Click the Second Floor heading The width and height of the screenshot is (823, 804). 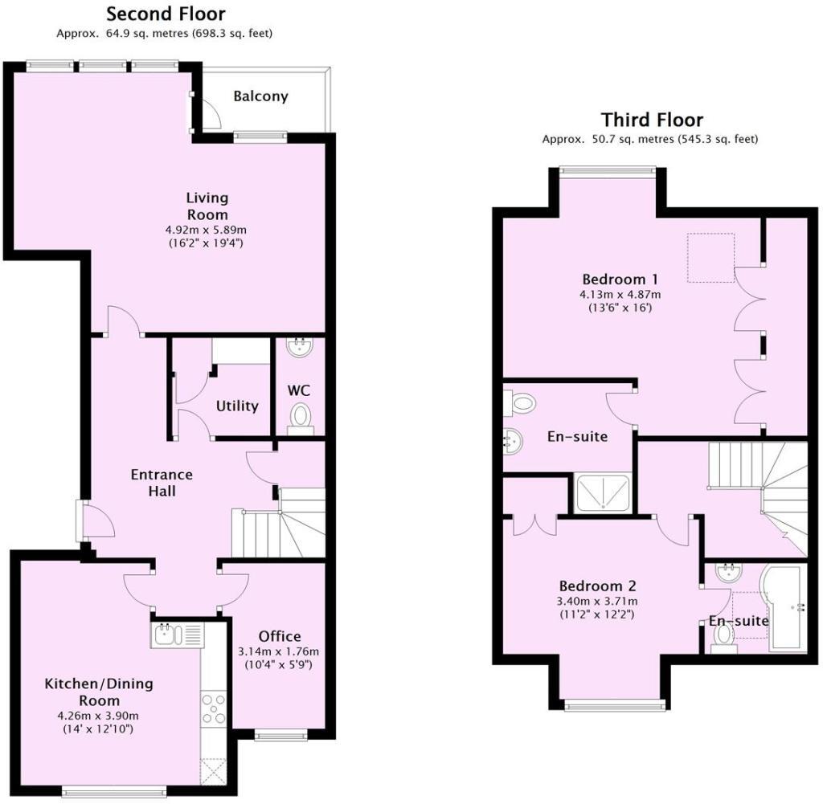tap(166, 14)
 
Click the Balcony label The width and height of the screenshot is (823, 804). tap(260, 96)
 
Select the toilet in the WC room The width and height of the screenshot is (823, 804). tap(301, 417)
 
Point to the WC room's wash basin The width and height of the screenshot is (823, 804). tap(301, 348)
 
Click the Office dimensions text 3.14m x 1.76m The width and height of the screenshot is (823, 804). tap(280, 651)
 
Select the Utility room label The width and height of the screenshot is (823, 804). tap(237, 406)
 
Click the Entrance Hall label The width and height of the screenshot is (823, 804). tap(162, 482)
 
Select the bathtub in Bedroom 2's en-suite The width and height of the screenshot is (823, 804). tap(788, 609)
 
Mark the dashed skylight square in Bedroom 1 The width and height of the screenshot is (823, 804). tap(710, 258)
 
